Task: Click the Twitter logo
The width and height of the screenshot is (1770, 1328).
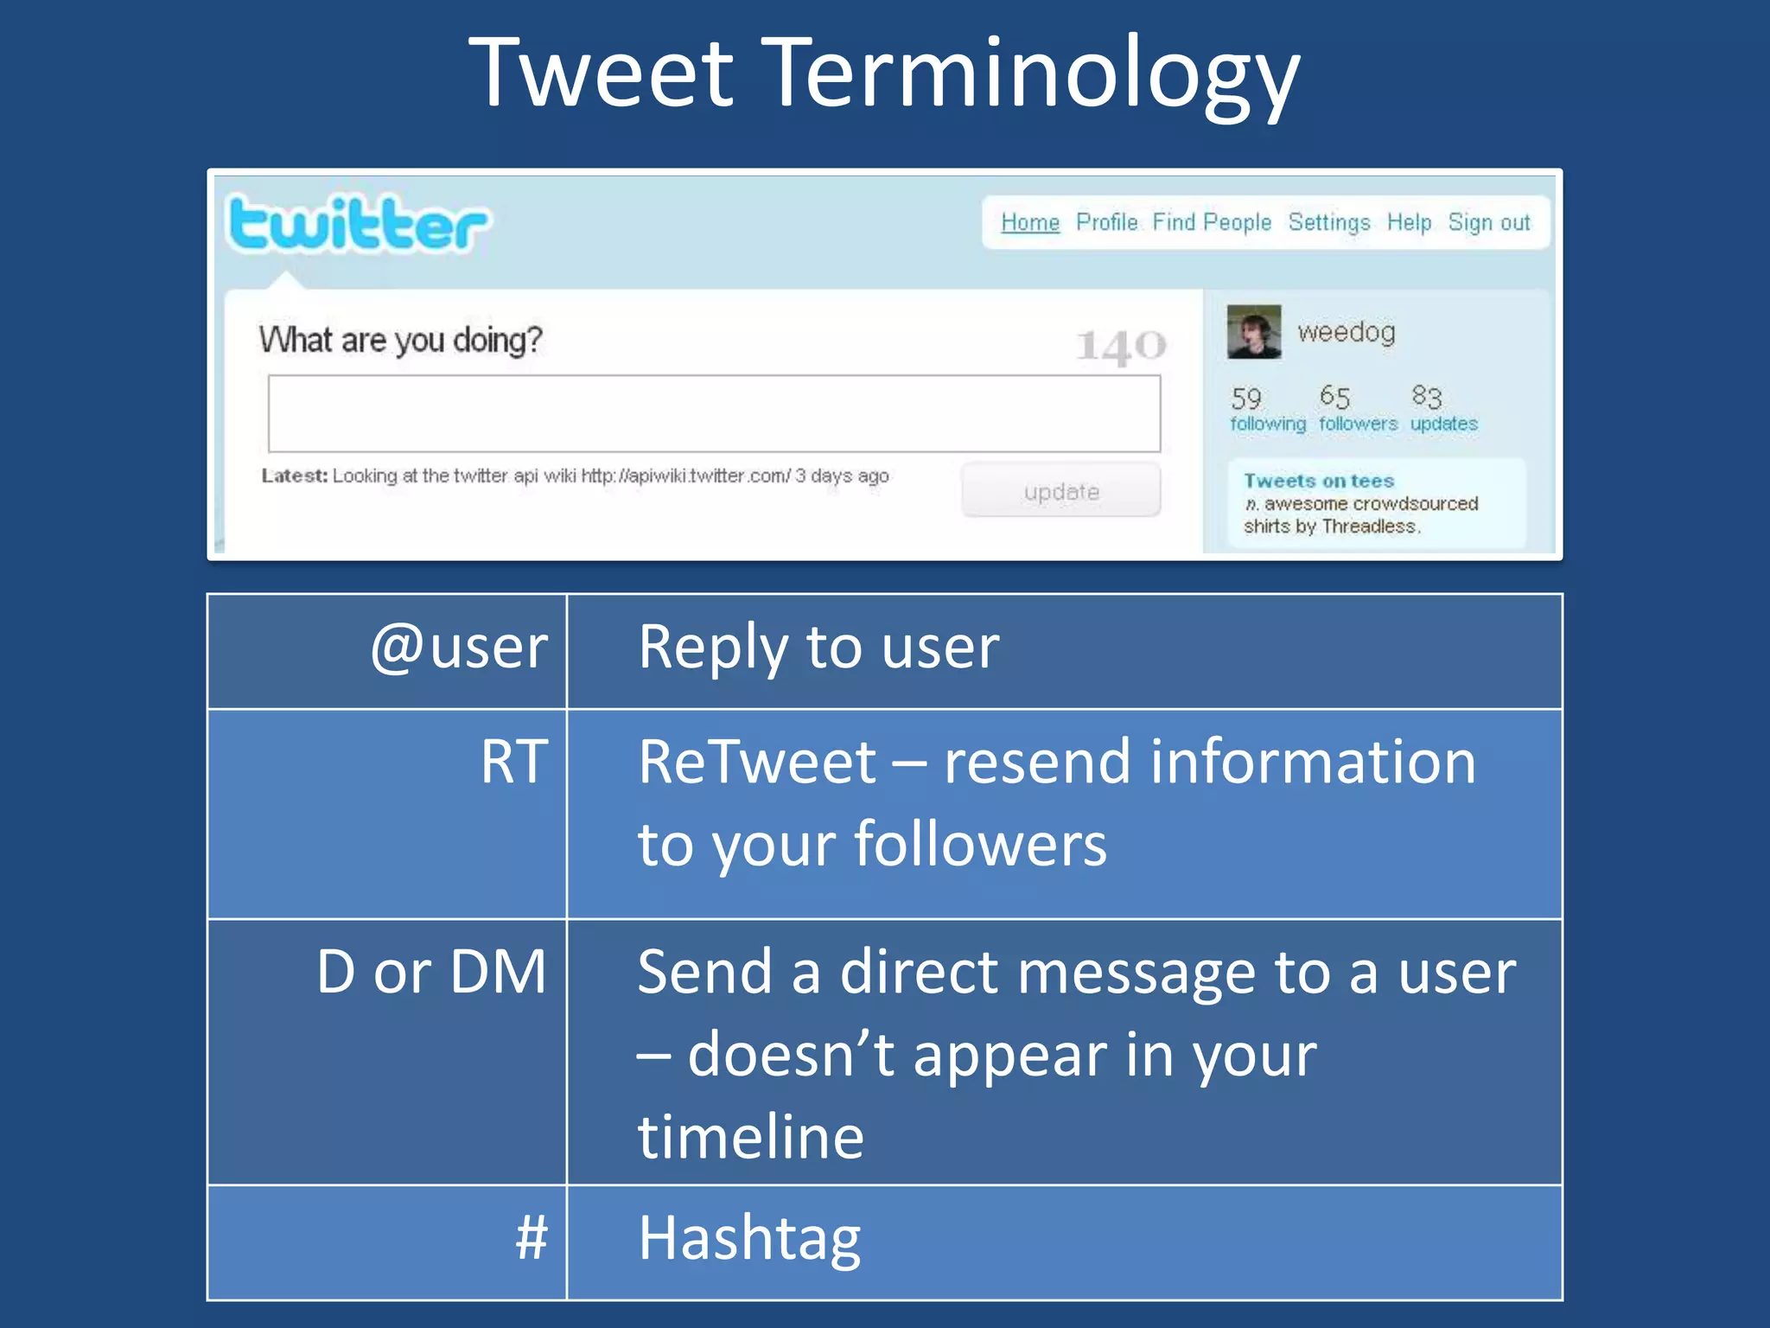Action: click(x=358, y=225)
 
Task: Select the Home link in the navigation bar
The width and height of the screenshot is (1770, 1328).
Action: click(x=1029, y=223)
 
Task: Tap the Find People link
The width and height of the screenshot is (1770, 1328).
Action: click(x=1212, y=223)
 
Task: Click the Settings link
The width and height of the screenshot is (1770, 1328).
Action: click(x=1329, y=223)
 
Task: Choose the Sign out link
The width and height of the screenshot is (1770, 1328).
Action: click(x=1489, y=223)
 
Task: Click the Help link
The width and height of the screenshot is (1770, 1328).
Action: click(x=1409, y=223)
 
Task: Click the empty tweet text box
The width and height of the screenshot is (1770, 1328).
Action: click(x=714, y=413)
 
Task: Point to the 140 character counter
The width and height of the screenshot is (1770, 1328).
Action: click(x=1121, y=346)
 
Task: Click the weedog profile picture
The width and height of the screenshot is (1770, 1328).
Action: click(x=1254, y=332)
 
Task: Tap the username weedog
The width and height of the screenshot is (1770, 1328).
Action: click(x=1347, y=332)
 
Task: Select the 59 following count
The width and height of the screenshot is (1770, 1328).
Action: click(x=1267, y=409)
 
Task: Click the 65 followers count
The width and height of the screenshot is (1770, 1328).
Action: click(x=1357, y=409)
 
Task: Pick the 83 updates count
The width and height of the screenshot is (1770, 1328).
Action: click(x=1443, y=409)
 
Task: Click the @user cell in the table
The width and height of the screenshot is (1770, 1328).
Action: click(x=459, y=648)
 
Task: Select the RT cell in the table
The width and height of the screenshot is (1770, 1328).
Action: click(x=514, y=763)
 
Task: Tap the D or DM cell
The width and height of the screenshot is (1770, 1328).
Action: click(x=431, y=972)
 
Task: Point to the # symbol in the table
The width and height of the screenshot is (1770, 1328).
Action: click(x=532, y=1238)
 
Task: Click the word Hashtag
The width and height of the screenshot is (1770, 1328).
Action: click(x=749, y=1238)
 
